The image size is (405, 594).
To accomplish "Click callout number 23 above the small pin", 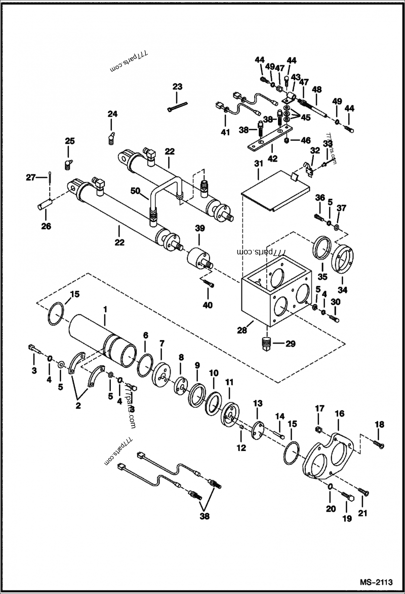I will tap(177, 87).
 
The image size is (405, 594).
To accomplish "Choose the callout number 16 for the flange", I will tap(339, 413).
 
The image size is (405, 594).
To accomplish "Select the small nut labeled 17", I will tap(319, 430).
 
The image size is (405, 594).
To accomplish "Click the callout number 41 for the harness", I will tap(225, 132).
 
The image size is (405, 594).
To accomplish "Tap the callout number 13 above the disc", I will tap(258, 403).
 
